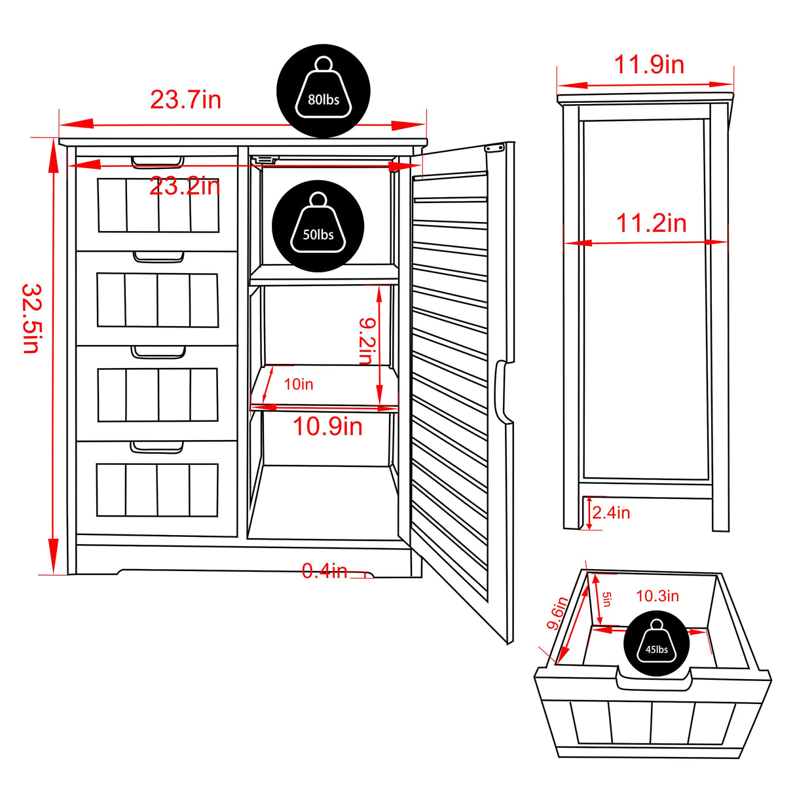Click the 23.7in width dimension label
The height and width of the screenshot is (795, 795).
pos(185,100)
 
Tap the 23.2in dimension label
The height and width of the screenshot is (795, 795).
pos(185,187)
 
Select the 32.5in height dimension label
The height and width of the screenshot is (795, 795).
pos(31,318)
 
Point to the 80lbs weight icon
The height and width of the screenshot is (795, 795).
pos(324,91)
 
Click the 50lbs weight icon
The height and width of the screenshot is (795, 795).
pos(318,226)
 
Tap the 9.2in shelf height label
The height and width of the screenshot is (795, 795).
pos(366,341)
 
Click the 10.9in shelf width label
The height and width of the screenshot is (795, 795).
pos(327,426)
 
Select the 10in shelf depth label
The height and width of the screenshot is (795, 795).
pos(298,384)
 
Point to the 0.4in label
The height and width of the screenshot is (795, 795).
pos(324,571)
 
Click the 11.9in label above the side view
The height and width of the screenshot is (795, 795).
pos(648,65)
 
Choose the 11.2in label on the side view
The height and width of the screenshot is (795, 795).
pos(651,223)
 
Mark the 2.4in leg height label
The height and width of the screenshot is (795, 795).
pos(612,512)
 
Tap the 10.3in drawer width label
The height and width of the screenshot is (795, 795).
pos(657,596)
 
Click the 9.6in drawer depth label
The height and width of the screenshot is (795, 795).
pos(557,614)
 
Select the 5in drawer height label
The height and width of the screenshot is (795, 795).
pos(606,599)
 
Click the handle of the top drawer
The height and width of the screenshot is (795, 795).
pos(157,162)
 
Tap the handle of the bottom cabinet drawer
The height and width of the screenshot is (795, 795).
pos(157,447)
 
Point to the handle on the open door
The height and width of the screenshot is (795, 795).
pos(501,392)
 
